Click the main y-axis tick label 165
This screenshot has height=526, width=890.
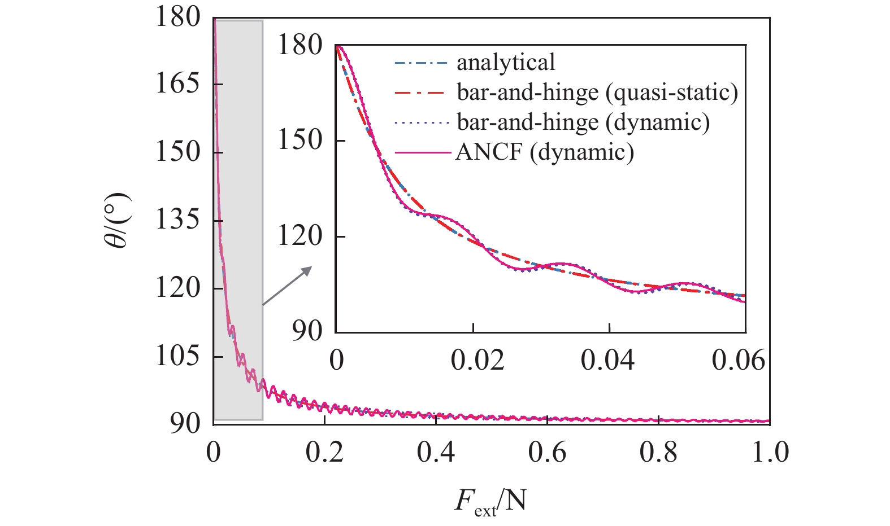coord(177,85)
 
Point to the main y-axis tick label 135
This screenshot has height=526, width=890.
coord(177,220)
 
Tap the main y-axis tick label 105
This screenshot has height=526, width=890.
coord(177,356)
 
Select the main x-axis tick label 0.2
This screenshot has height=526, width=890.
coord(324,452)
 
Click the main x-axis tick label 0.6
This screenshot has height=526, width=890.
coord(547,452)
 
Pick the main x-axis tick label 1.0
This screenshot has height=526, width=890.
coord(770,452)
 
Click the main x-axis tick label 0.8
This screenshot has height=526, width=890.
coord(658,452)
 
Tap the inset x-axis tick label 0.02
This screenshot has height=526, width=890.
coord(477,361)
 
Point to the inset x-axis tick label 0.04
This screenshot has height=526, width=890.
coord(607,361)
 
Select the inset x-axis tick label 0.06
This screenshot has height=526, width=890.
coord(738,361)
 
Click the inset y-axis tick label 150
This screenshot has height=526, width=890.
coord(299,141)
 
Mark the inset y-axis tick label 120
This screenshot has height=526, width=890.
coord(299,236)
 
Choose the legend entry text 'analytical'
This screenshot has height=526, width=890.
coord(505,63)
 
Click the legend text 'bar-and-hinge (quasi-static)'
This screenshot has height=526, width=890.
coord(597,93)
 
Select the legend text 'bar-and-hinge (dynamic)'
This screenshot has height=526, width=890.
coord(583,122)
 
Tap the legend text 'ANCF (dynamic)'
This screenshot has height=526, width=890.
coord(545,152)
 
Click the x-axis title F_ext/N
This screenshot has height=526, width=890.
coord(490,503)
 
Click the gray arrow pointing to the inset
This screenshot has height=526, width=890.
coord(287,286)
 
